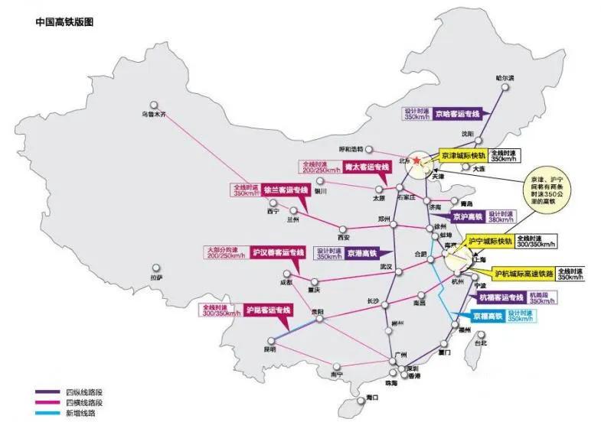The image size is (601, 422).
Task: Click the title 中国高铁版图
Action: click(64, 23)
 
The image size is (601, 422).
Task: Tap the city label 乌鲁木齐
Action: click(154, 115)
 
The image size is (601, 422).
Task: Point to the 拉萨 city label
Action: click(156, 278)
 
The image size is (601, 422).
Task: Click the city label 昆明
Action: click(269, 349)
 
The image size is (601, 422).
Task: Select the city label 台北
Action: click(480, 343)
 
